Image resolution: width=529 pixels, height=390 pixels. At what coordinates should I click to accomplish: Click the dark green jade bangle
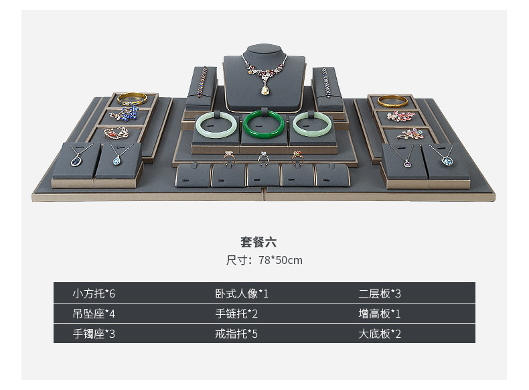[x=264, y=123]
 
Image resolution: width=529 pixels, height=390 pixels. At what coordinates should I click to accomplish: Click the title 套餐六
[x=258, y=243]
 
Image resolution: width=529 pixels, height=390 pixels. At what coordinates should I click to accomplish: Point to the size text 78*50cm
[x=281, y=260]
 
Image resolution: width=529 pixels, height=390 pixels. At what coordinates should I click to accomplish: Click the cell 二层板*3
[x=380, y=293]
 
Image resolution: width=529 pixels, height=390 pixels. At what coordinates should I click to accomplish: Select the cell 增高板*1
[x=380, y=313]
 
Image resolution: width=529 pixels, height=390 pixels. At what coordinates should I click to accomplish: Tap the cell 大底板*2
[x=380, y=333]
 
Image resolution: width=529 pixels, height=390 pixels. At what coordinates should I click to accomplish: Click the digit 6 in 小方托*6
[x=121, y=293]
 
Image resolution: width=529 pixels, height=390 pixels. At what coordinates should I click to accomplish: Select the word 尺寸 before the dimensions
[x=238, y=260]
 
